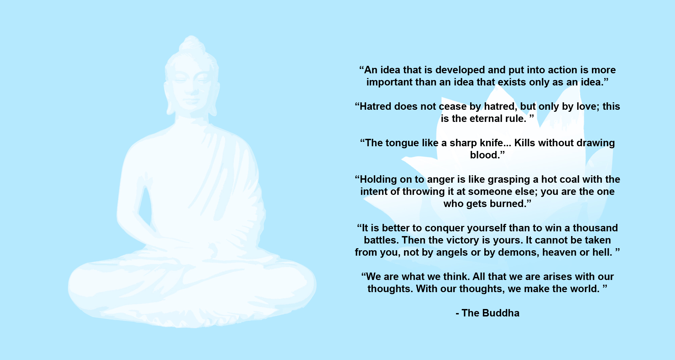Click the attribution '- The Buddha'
(487, 313)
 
